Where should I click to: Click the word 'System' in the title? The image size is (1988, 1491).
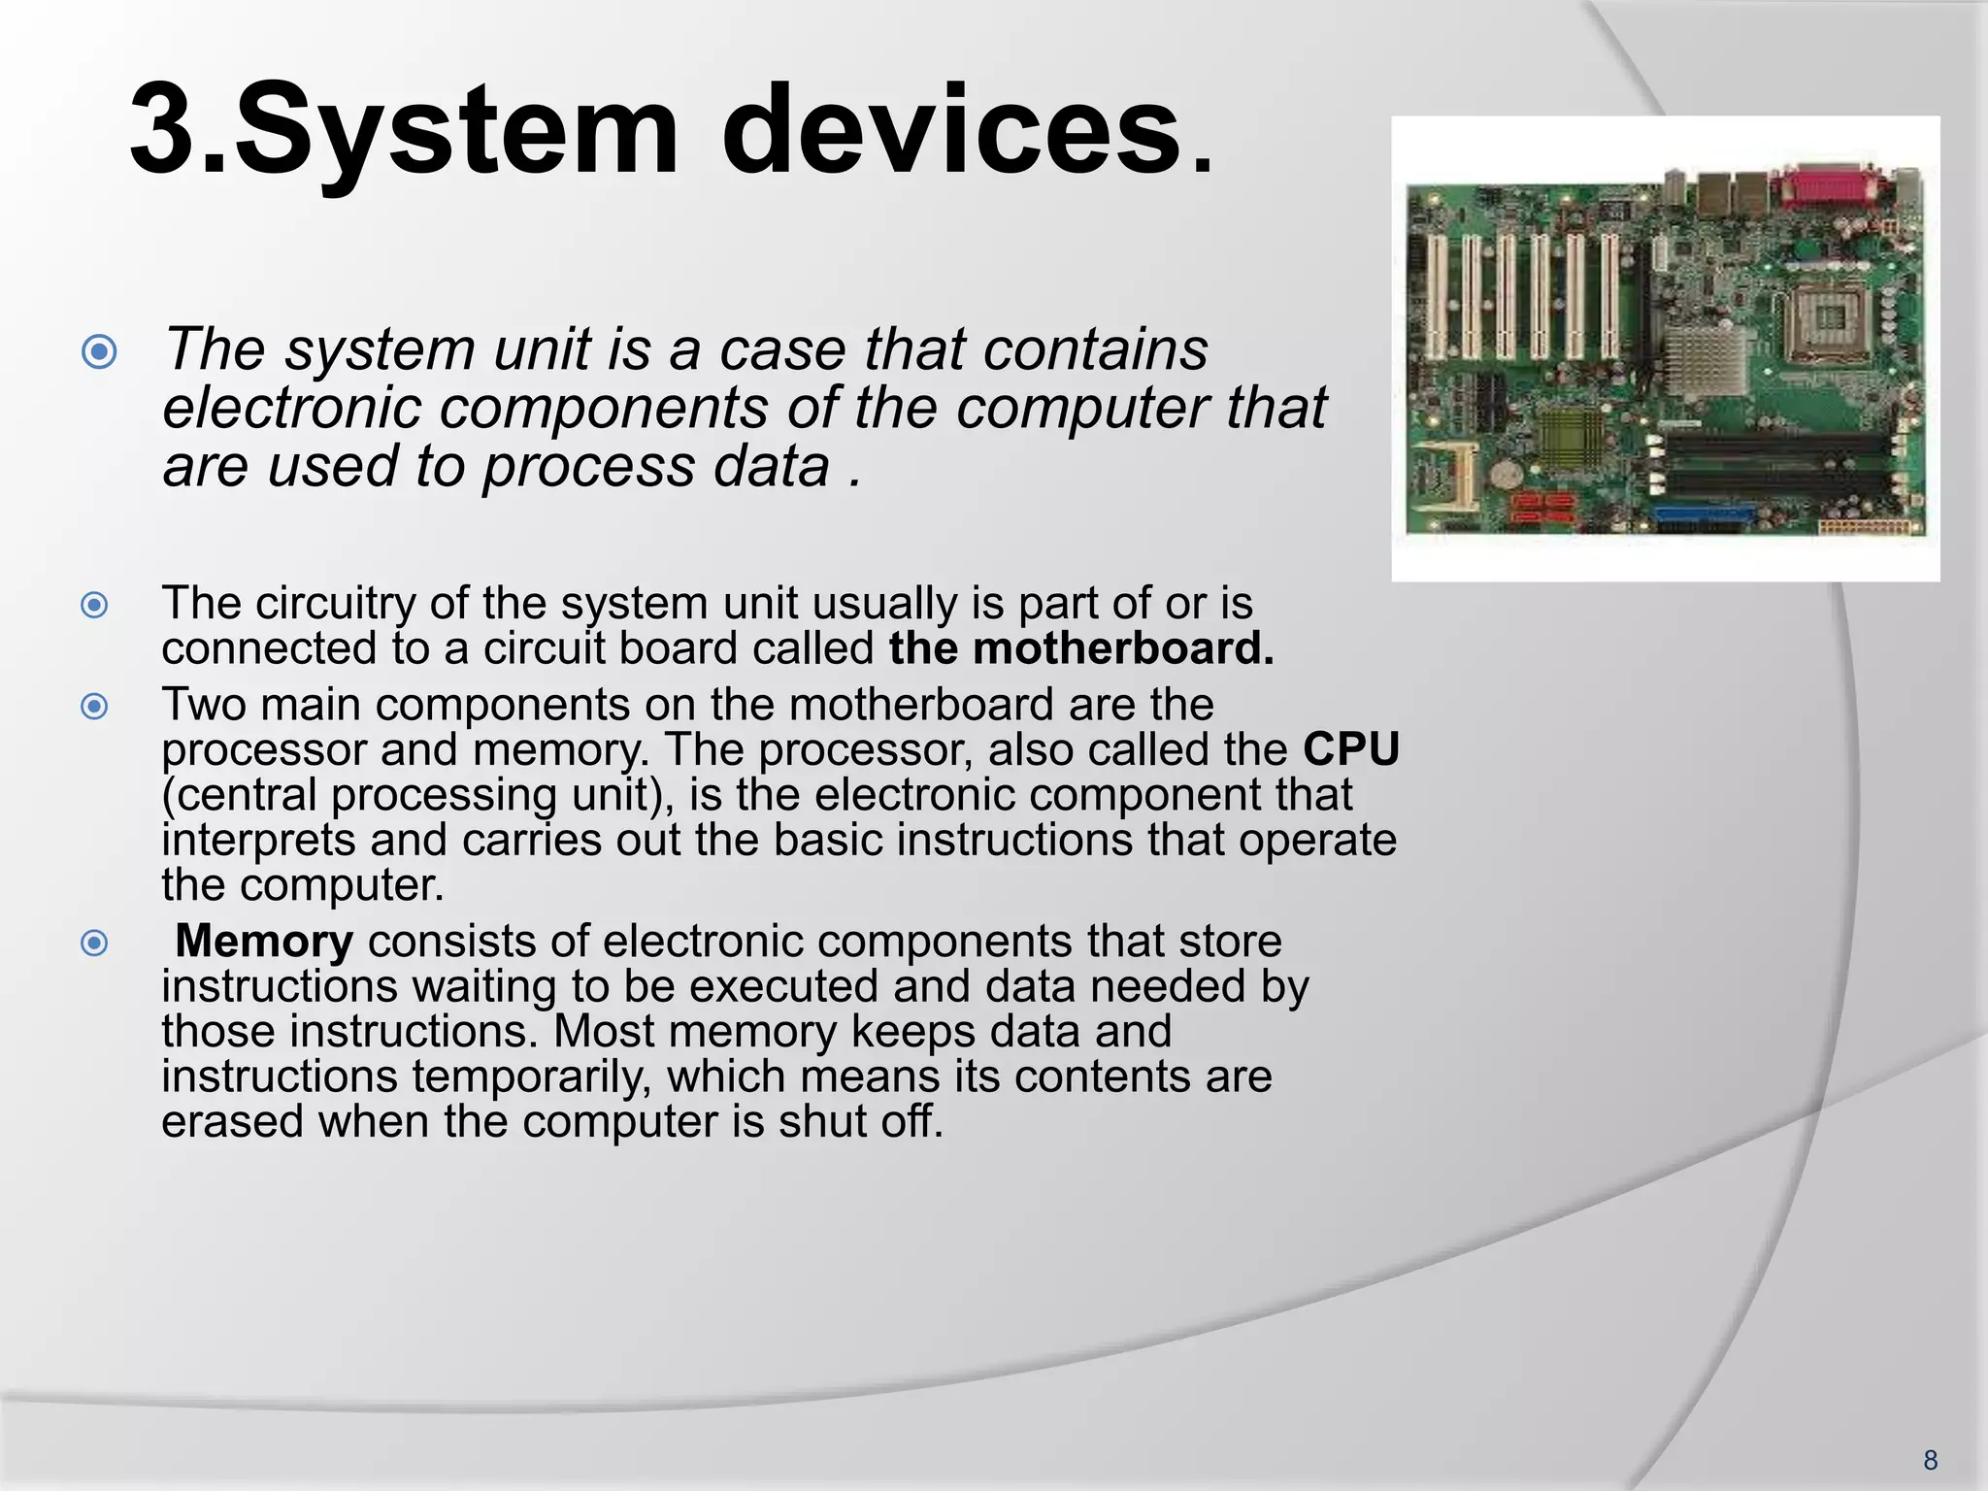[x=456, y=131]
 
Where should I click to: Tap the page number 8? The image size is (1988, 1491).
[x=1930, y=1460]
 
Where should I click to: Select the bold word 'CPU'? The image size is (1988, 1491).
[x=1351, y=749]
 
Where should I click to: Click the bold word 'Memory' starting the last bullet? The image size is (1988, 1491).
[x=264, y=941]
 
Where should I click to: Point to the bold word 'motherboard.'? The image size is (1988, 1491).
[x=1123, y=648]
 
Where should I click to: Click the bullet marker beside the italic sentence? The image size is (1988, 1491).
[x=100, y=351]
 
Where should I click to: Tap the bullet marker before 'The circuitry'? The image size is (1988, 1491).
[x=94, y=606]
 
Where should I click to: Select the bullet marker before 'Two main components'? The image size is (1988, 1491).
[x=94, y=706]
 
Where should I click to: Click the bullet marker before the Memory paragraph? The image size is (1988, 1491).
[x=94, y=943]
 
